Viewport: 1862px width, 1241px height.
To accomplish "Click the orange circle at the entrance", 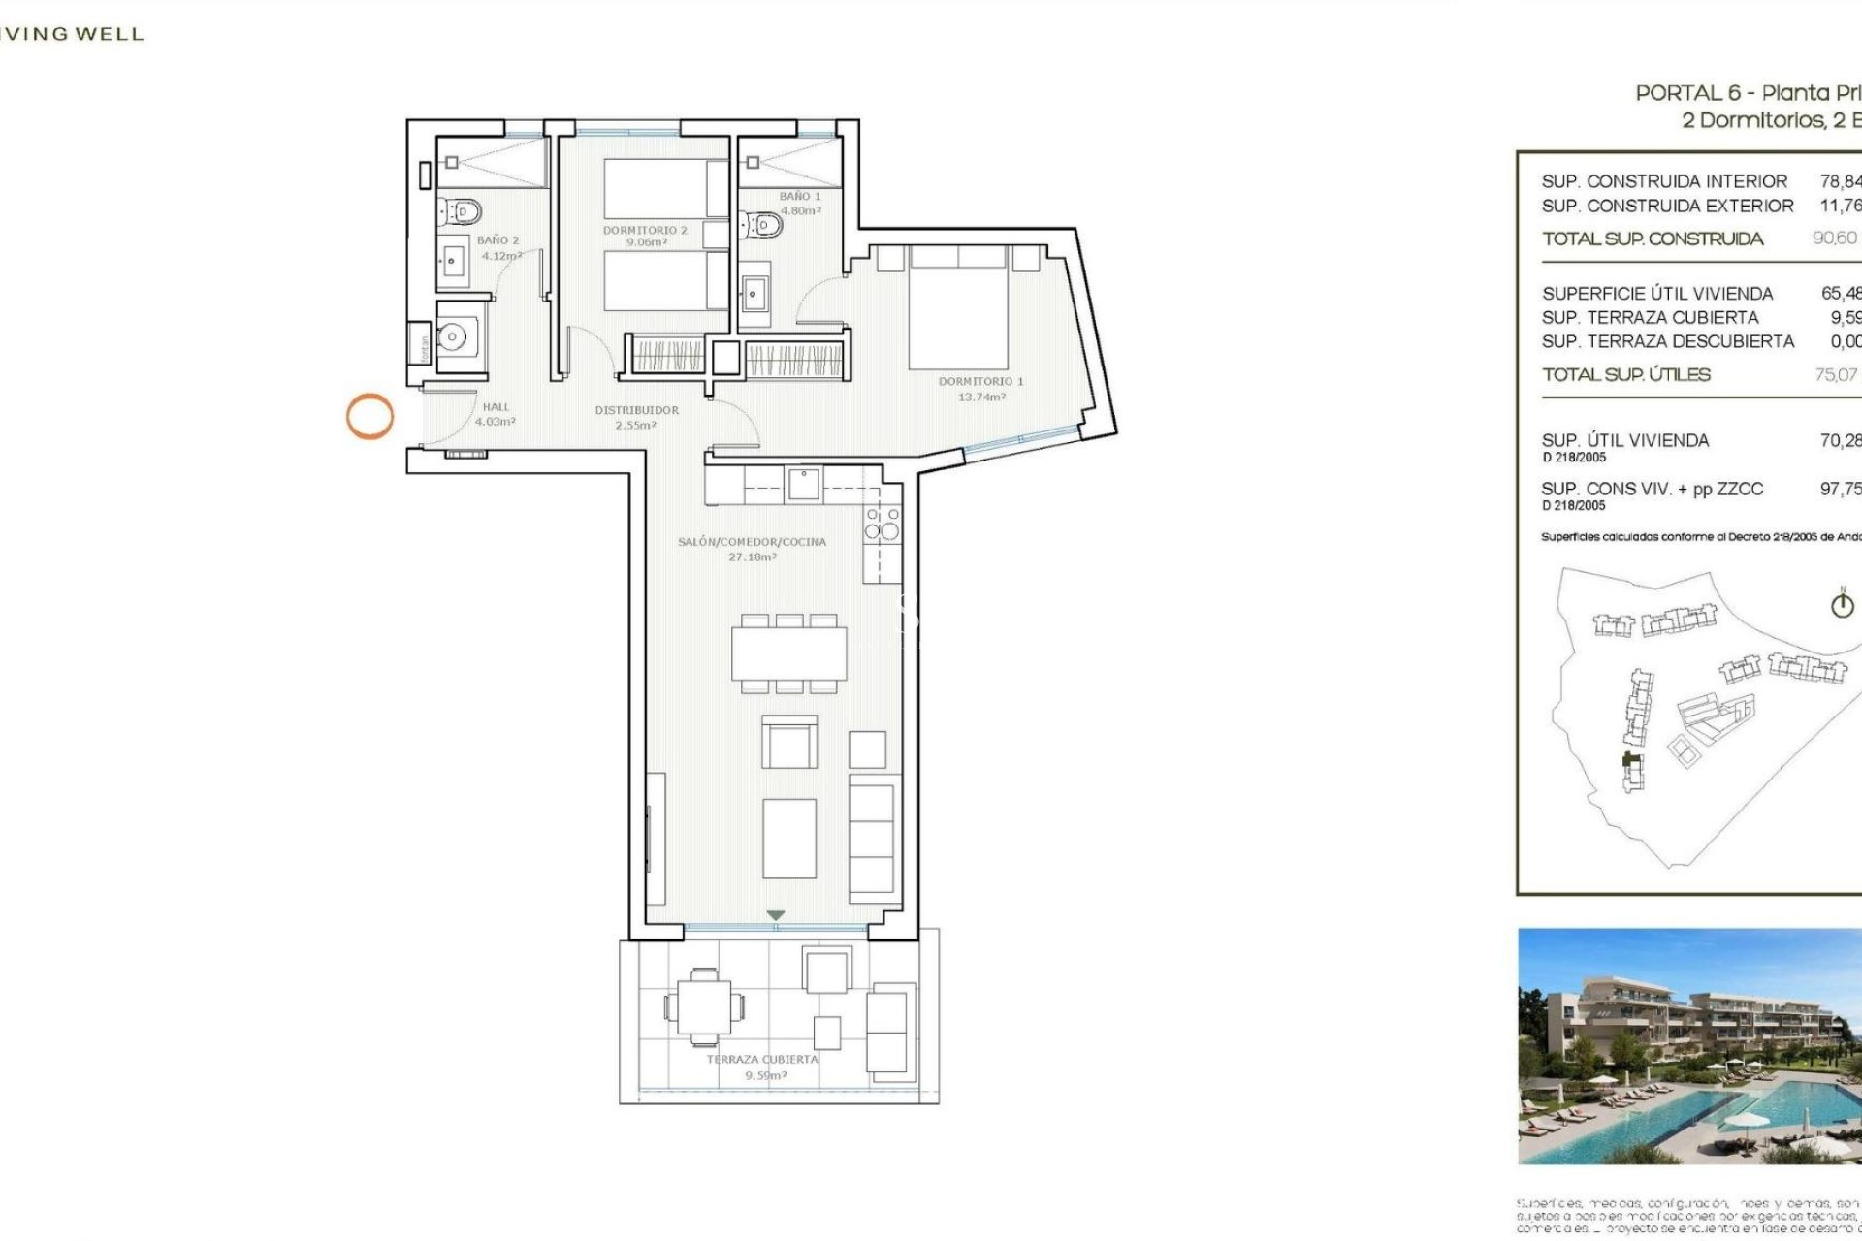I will pos(369,416).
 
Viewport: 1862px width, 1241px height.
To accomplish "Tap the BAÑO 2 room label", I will pos(498,239).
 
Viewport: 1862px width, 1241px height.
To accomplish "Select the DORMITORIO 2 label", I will pos(645,230).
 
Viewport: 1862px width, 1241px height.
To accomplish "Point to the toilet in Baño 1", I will pos(762,226).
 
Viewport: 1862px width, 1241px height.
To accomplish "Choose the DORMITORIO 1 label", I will pos(980,381).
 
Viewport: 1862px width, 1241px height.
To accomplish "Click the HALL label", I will pos(496,407).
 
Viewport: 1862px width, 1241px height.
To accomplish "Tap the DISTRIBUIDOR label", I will pos(636,410).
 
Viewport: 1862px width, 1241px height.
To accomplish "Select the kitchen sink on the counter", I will pos(804,483).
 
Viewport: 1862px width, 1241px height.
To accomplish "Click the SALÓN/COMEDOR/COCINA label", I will pos(752,542).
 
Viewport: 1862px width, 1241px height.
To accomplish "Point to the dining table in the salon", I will pos(789,653).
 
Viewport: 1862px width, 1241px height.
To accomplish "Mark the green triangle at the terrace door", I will pos(775,915).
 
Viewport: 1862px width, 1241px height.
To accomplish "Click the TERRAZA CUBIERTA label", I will pos(762,1059).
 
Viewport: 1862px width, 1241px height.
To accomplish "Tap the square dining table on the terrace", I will pos(704,1007).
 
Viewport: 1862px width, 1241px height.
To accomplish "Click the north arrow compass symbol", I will pos(1842,605).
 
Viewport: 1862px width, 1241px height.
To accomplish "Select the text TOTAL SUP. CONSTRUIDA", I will pos(1653,239).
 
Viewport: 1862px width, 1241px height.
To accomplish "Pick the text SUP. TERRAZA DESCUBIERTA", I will pos(1668,341).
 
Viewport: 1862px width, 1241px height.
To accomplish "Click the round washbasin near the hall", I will pos(452,336).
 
